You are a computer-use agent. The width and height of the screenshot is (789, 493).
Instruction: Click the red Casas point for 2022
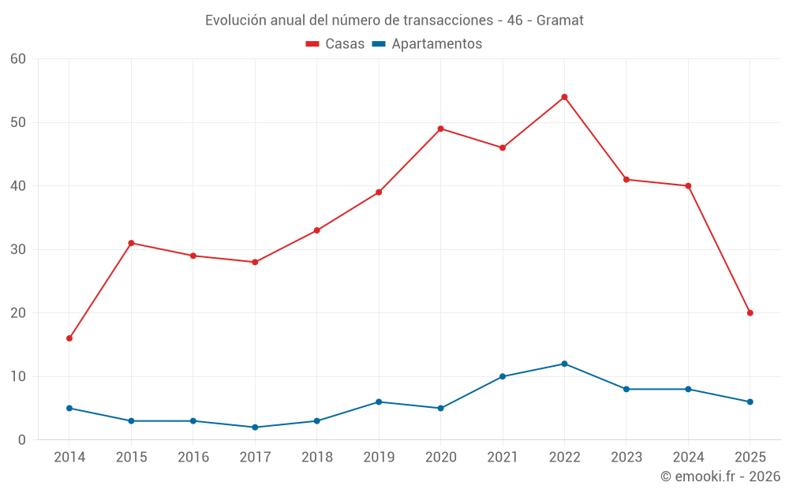tap(564, 97)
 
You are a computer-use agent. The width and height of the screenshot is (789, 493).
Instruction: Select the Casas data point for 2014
tap(69, 338)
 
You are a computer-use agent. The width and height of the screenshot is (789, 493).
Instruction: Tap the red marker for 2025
tap(750, 313)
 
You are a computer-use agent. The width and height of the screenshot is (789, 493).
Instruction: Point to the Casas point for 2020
tap(440, 129)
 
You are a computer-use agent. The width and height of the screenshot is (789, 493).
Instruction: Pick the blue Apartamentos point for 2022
tap(564, 364)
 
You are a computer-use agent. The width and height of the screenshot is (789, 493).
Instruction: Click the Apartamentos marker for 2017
tap(255, 428)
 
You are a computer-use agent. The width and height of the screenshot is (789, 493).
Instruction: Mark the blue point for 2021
tap(503, 376)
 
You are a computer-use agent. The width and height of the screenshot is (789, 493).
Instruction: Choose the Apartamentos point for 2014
tap(69, 409)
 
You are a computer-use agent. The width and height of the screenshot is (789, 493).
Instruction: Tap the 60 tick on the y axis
tap(18, 59)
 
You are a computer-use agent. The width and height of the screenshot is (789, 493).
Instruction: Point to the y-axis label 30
tap(18, 249)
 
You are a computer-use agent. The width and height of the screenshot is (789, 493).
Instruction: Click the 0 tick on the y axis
tap(22, 440)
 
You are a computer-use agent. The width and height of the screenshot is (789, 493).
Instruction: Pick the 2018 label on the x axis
tap(317, 458)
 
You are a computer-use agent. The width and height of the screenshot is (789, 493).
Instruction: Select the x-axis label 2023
tap(626, 458)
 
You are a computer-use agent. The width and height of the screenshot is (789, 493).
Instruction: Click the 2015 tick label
tap(131, 458)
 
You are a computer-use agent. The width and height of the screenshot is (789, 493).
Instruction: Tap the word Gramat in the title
tap(560, 21)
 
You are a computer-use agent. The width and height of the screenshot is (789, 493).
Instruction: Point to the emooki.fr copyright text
tap(720, 476)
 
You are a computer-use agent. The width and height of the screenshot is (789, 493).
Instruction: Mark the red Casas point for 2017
tap(255, 262)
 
